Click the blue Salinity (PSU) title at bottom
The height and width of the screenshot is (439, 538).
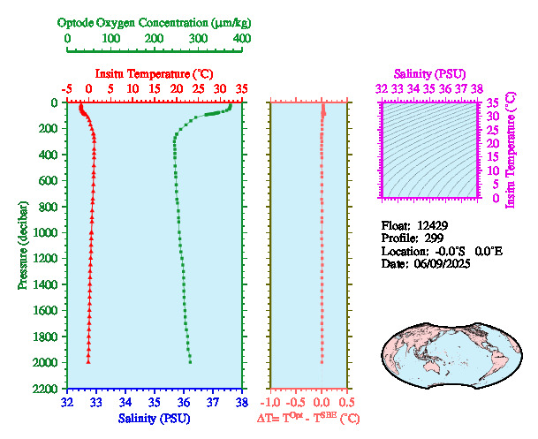click(x=153, y=417)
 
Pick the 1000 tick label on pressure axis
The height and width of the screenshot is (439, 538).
click(x=46, y=233)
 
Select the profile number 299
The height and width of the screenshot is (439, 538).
click(x=433, y=238)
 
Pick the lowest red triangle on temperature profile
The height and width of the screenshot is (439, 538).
click(x=88, y=360)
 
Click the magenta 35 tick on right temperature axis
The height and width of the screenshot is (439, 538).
click(x=493, y=102)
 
